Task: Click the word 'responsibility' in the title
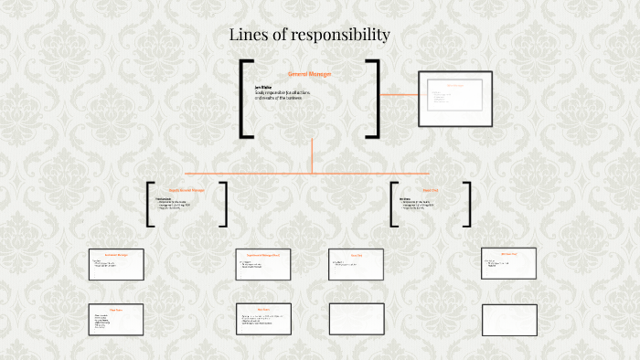coord(340,36)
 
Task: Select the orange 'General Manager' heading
coord(309,73)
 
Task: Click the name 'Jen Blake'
coord(262,87)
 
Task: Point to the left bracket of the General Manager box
coord(245,99)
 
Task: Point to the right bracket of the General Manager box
coord(374,99)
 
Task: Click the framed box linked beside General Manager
coord(455,98)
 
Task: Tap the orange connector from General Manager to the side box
coord(400,94)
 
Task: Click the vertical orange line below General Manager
coord(313,155)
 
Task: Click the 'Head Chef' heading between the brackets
coord(431,190)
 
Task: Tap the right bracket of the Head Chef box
coord(467,204)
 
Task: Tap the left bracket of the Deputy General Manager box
coord(149,204)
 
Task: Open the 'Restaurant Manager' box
coord(115,263)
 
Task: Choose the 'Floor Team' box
coord(115,319)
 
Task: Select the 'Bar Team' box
coord(263,319)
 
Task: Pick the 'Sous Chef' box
coord(355,263)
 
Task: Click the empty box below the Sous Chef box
coord(355,319)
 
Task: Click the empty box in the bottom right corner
coord(507,319)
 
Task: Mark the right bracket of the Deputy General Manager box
coord(224,204)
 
